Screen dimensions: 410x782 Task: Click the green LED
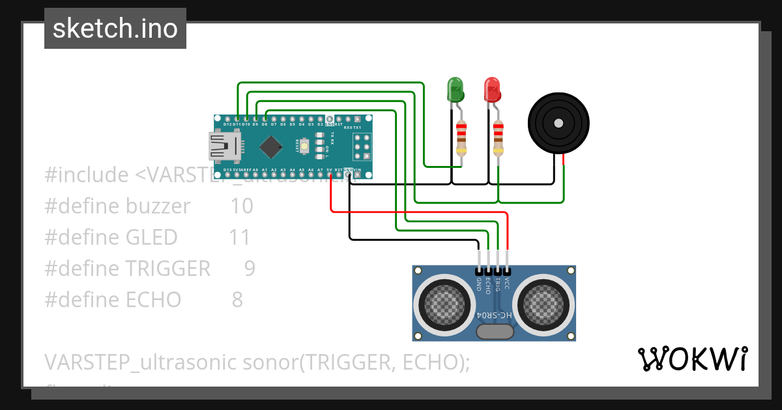click(455, 89)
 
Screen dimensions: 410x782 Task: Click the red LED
click(492, 89)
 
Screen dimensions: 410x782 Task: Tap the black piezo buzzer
click(558, 123)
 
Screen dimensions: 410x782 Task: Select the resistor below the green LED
click(461, 138)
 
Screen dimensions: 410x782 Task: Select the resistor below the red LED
click(499, 138)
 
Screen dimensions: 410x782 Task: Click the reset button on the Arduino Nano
click(304, 145)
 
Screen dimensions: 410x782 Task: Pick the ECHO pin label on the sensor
click(488, 286)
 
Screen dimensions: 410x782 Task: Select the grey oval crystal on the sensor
click(494, 332)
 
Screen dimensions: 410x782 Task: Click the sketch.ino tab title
click(115, 29)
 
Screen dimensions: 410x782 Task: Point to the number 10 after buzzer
click(241, 206)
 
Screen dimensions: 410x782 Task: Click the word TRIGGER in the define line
click(168, 269)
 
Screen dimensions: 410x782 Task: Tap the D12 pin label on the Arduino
click(227, 124)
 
